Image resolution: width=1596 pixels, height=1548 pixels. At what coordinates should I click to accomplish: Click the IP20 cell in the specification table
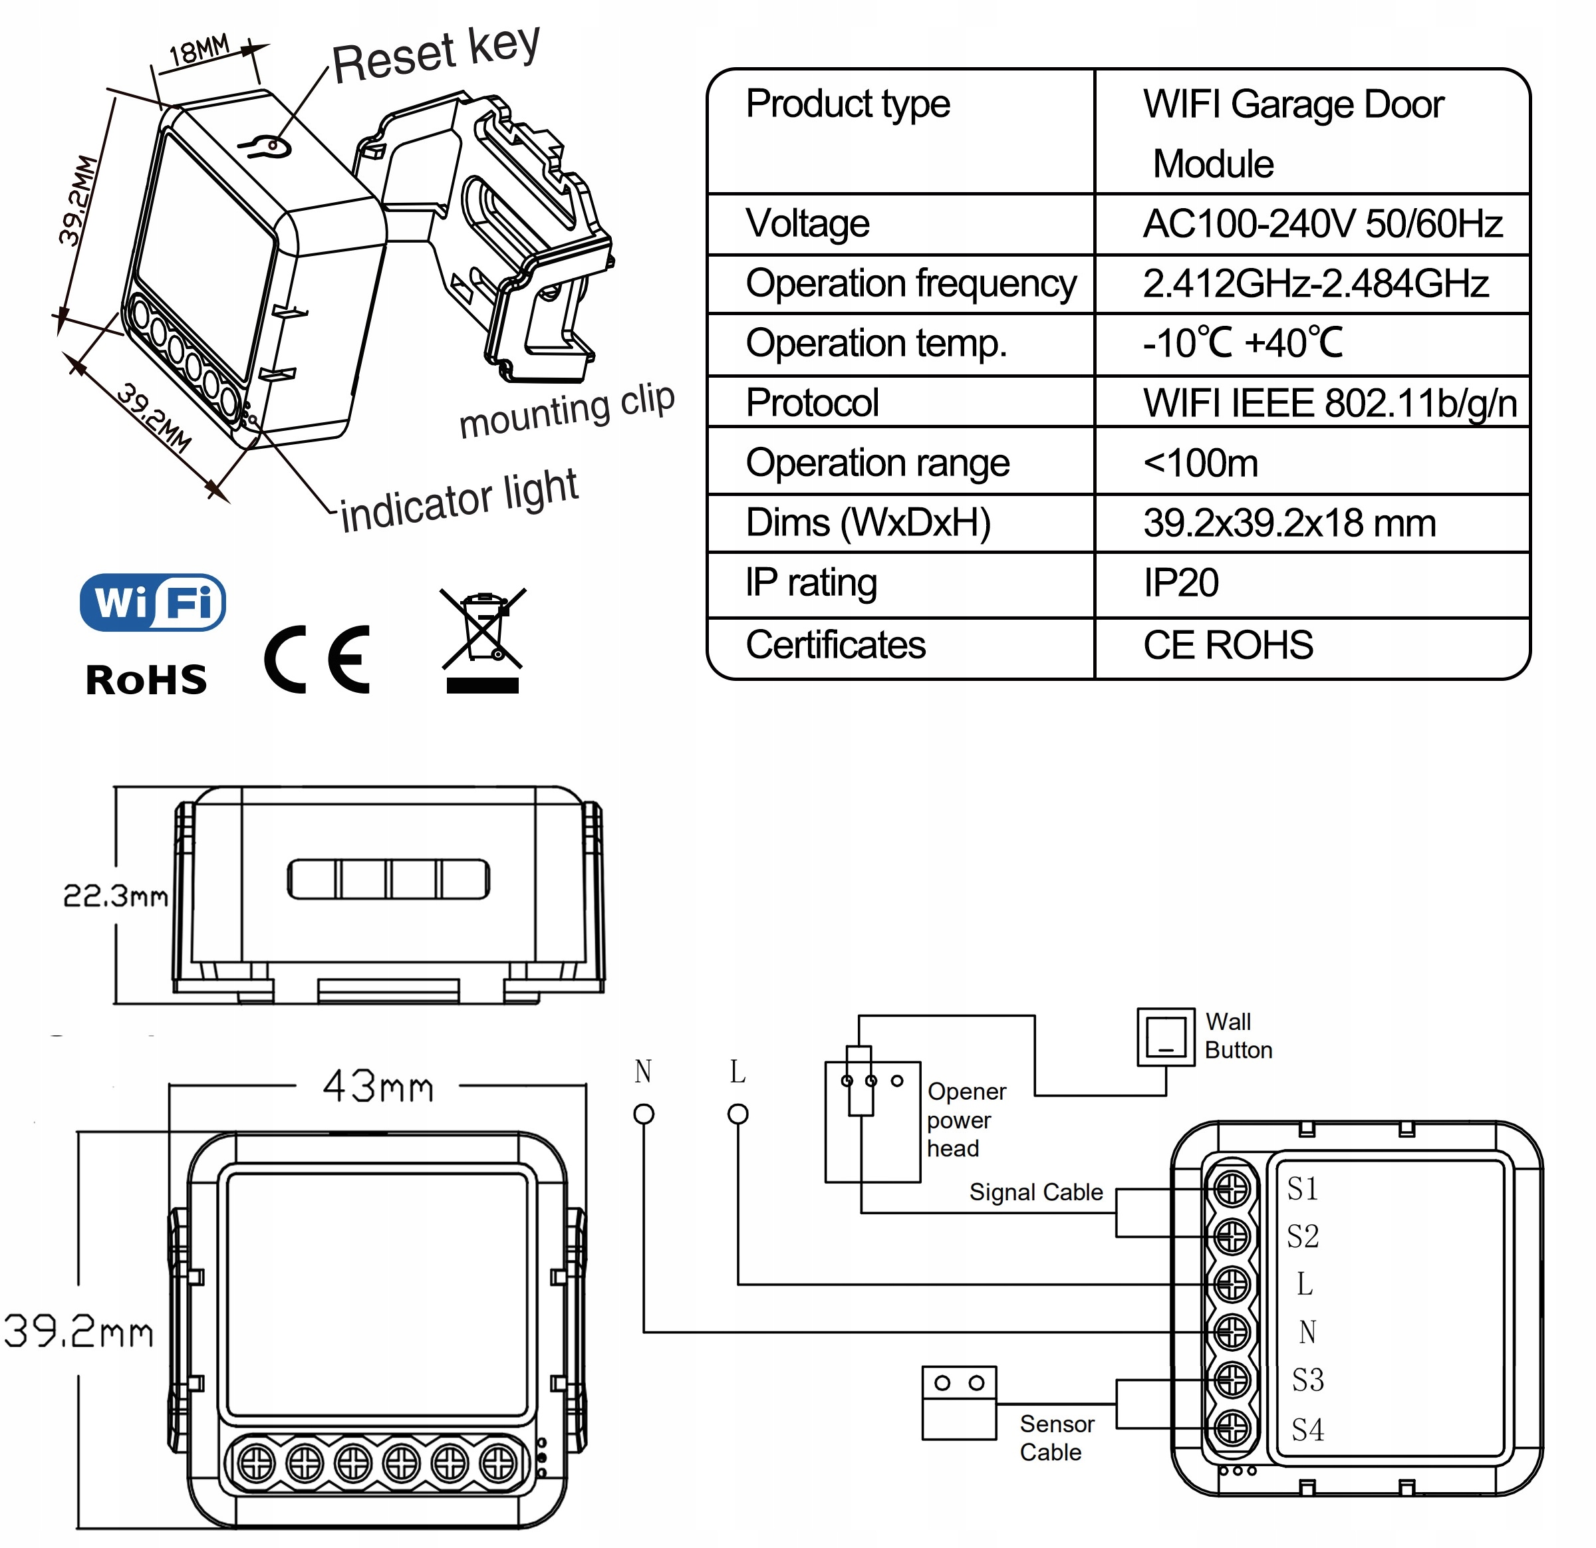tap(1181, 583)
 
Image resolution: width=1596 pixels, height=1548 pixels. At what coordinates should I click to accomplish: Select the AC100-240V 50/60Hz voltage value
tap(1323, 223)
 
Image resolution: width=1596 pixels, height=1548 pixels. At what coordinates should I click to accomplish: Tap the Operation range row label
tap(877, 463)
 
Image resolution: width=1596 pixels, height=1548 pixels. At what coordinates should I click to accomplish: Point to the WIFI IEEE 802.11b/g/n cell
tap(1329, 403)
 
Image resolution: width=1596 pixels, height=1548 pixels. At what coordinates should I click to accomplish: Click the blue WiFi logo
tap(152, 602)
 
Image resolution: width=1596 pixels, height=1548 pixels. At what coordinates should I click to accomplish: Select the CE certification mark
tap(318, 660)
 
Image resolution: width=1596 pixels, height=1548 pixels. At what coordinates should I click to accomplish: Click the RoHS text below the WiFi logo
tap(146, 680)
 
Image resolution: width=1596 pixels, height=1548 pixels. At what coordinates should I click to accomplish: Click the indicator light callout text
tap(458, 501)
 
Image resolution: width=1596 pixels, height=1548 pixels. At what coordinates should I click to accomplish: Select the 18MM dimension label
tap(199, 51)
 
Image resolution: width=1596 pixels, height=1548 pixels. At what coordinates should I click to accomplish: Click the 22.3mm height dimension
tap(116, 896)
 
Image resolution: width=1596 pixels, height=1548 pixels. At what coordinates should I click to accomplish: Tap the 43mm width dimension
tap(378, 1087)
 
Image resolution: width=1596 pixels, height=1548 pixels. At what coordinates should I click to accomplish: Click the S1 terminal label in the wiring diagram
tap(1302, 1190)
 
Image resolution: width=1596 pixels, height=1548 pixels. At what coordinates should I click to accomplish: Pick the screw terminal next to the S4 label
tap(1232, 1428)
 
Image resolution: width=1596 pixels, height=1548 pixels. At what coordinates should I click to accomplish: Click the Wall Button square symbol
tap(1165, 1037)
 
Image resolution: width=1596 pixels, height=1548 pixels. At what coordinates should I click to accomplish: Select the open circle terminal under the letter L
tap(737, 1114)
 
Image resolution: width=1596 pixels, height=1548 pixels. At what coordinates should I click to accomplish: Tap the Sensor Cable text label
tap(1056, 1438)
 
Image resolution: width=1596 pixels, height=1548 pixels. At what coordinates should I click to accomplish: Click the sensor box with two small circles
tap(959, 1403)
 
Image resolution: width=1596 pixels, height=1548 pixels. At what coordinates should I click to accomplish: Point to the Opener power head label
tap(966, 1120)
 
